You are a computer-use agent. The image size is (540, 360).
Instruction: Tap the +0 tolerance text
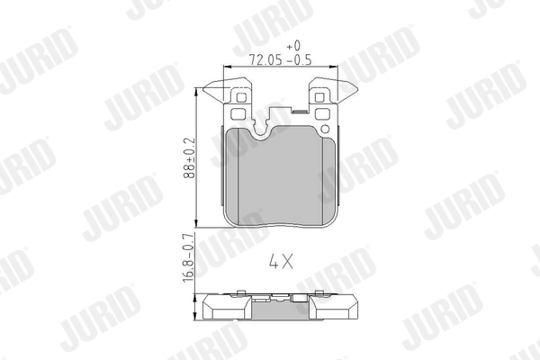[292, 44]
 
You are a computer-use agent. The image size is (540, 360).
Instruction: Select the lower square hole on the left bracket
[238, 114]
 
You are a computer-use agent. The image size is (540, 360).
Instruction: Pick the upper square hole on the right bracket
[322, 97]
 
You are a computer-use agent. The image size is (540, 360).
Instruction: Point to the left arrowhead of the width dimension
[225, 68]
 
